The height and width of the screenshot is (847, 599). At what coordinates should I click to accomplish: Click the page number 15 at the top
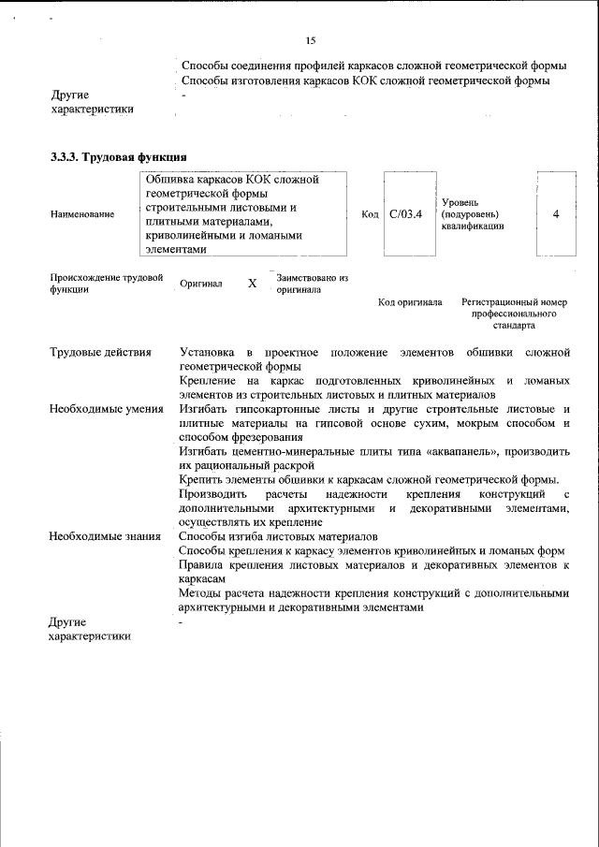point(311,40)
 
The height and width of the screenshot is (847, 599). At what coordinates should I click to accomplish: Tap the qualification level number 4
point(556,214)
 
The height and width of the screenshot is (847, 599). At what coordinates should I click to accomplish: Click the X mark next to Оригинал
point(252,283)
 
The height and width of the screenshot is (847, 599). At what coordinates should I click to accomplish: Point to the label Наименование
point(83,214)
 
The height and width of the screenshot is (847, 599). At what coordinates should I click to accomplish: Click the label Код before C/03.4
point(370,214)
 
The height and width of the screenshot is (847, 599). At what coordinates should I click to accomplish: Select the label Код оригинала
point(410,303)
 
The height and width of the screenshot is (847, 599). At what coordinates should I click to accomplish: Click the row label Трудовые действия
point(100,352)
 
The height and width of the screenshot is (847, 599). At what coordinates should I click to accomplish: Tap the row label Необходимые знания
point(104,536)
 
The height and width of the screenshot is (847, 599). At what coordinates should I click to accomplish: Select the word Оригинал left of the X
point(201,284)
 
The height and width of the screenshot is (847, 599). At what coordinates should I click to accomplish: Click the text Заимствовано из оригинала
point(312,284)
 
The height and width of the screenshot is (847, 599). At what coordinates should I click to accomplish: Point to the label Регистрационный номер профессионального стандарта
point(514,315)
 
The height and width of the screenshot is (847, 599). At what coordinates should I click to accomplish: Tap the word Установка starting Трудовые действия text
point(207,352)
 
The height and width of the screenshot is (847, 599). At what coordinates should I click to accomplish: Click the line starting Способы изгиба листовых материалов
point(278,536)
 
